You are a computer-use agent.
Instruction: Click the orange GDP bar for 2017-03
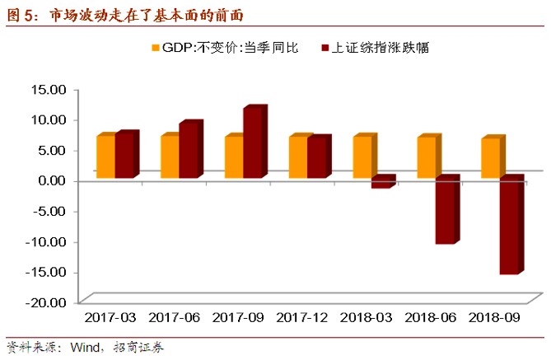coord(105,157)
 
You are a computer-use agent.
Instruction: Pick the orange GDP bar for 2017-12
coord(298,157)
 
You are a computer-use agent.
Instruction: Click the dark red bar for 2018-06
coord(445,211)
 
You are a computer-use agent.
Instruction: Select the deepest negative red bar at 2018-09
coord(509,227)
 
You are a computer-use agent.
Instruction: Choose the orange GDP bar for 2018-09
coord(490,157)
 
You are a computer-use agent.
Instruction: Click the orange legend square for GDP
coord(154,48)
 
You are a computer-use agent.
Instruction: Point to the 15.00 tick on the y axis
coord(48,89)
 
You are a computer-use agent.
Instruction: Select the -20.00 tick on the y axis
coord(46,302)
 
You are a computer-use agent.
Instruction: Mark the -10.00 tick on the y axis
coord(46,241)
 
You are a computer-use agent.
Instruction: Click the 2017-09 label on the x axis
coord(240,317)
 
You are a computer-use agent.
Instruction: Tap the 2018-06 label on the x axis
coord(432,317)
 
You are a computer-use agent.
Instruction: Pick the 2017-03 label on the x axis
coord(110,317)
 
